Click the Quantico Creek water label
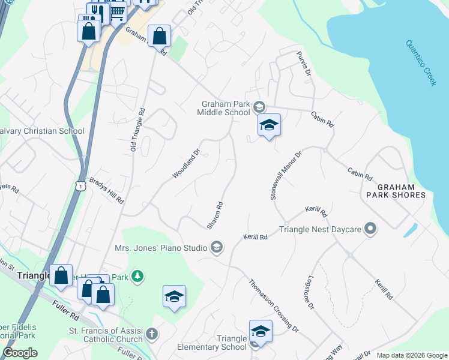[x=421, y=63]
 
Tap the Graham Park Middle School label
[x=225, y=108]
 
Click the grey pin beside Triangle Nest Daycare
[x=371, y=229]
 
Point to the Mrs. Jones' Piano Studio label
[x=160, y=247]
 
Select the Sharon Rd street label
[x=215, y=215]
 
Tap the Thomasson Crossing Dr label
[x=274, y=305]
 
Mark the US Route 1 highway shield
[x=80, y=187]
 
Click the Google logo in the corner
[x=20, y=353]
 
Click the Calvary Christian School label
[x=42, y=131]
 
